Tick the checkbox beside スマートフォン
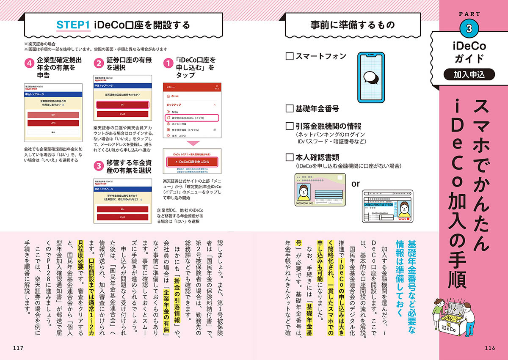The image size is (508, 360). coord(290,56)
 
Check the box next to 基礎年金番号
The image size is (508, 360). coord(290,108)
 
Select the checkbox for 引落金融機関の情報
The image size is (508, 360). coord(290,126)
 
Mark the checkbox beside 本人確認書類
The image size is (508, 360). coord(290,157)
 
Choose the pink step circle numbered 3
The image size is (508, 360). coord(99,166)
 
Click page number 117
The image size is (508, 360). coord(18,348)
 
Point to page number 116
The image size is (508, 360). coord(489,348)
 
